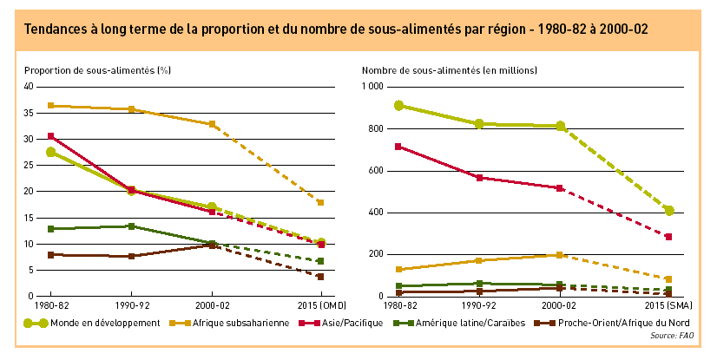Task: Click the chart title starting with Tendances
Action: pos(336,29)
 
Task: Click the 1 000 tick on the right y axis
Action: pos(371,87)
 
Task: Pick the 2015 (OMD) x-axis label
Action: pos(320,306)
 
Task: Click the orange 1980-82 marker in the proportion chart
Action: pos(50,106)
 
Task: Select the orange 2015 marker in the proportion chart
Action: pos(320,202)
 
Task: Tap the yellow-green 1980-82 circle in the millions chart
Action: pos(398,105)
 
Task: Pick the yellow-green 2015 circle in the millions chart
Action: pos(669,210)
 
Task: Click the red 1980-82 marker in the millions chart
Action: pos(398,147)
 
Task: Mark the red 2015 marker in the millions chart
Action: pos(669,237)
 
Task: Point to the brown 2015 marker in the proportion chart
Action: pos(320,277)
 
